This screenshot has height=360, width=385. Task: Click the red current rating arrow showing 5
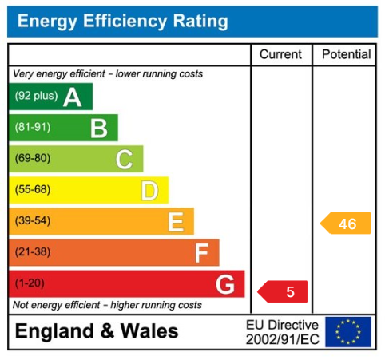[x=283, y=291]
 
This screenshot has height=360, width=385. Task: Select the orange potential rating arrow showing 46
[x=346, y=223]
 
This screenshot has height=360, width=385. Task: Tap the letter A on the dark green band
[x=73, y=97]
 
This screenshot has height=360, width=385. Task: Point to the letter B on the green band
[x=99, y=129]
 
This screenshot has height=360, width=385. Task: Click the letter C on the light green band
[x=125, y=160]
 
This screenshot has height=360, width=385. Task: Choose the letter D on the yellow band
[x=149, y=191]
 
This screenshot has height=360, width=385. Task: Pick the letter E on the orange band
[x=176, y=222]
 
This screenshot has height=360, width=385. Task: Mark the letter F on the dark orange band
[x=201, y=253]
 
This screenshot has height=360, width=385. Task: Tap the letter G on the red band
[x=225, y=284]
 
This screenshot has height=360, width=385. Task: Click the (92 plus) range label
[x=36, y=96]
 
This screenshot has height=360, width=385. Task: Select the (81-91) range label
[x=33, y=127]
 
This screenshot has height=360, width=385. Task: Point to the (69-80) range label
[x=33, y=158]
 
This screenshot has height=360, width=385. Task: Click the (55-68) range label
[x=33, y=189]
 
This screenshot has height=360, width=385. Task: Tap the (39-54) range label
[x=33, y=220]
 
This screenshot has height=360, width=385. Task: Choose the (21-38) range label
[x=33, y=251]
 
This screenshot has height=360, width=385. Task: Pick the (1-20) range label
[x=30, y=283]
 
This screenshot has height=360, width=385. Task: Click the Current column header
[x=280, y=54]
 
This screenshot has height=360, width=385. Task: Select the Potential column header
[x=347, y=54]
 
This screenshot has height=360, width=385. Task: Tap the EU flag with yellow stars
[x=348, y=332]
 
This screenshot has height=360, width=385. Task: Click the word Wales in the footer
[x=149, y=331]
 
